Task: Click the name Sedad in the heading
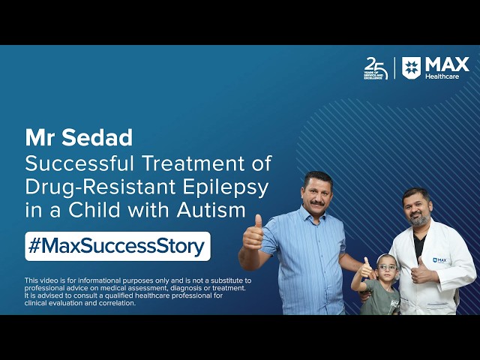(x=97, y=138)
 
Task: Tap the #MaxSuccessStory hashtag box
(x=118, y=247)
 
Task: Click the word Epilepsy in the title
(x=226, y=188)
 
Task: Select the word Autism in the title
(x=211, y=210)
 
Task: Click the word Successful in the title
(x=79, y=163)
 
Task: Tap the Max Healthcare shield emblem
(x=411, y=68)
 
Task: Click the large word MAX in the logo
(x=447, y=64)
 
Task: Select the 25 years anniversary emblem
(x=376, y=68)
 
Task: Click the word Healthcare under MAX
(x=442, y=76)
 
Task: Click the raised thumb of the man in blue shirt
(x=258, y=222)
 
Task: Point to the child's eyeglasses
(x=387, y=268)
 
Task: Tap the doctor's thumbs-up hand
(x=421, y=271)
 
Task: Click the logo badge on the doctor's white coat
(x=439, y=260)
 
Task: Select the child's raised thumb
(x=366, y=262)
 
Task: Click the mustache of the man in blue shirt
(x=317, y=202)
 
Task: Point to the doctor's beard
(x=420, y=219)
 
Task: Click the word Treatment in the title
(x=193, y=163)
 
